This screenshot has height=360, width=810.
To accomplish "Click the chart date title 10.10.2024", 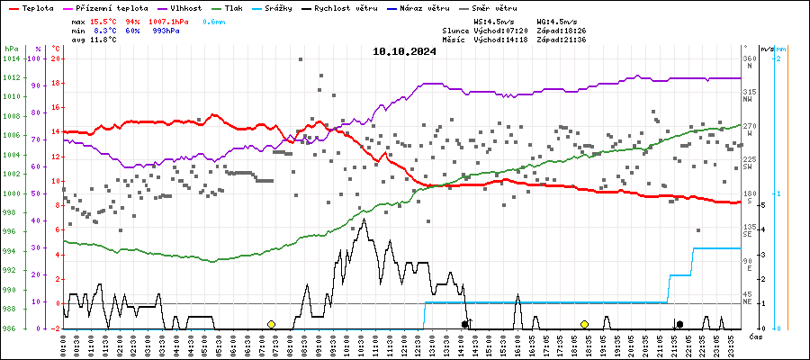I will [x=404, y=51].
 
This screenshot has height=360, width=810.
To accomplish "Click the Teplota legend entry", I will [x=37, y=8].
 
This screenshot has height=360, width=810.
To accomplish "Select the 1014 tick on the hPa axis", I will [x=12, y=58].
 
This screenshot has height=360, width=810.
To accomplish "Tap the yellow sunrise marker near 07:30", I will [x=271, y=324].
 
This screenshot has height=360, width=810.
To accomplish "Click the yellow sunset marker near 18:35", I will [x=584, y=324].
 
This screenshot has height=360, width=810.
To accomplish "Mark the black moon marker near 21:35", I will [x=679, y=324].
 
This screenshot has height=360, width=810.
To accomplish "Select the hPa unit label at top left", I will [x=11, y=48].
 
